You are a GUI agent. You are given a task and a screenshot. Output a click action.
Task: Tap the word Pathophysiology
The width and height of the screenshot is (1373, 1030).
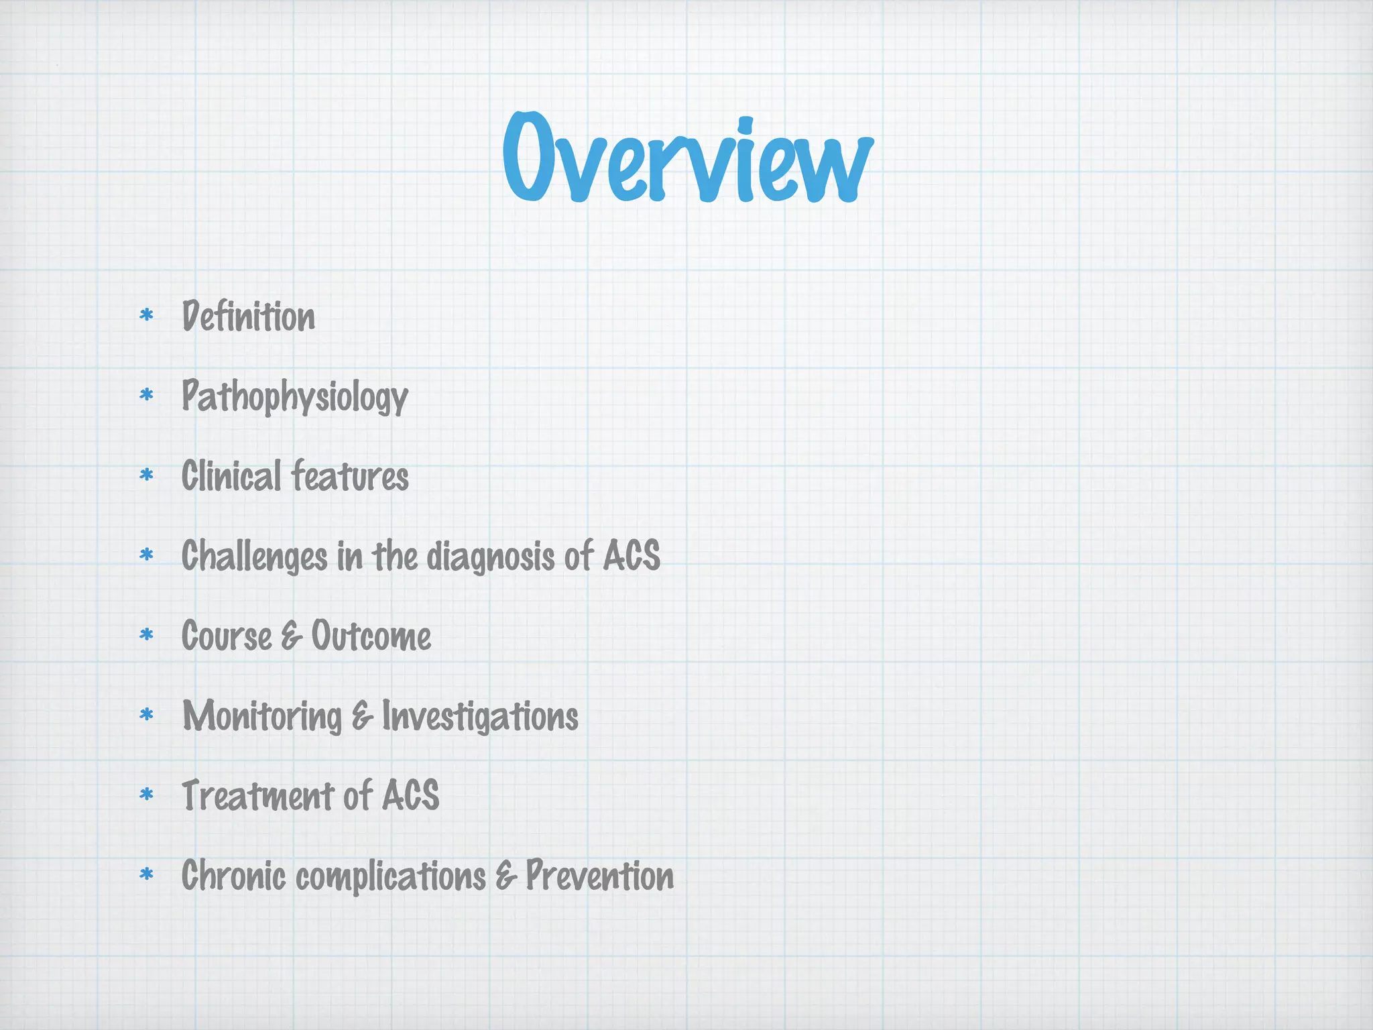(295, 396)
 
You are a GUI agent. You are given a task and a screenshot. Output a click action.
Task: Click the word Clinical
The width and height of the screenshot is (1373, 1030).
(231, 476)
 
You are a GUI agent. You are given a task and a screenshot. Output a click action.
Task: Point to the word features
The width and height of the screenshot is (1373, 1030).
(350, 476)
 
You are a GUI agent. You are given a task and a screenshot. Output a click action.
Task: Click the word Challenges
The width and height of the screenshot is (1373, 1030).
(255, 557)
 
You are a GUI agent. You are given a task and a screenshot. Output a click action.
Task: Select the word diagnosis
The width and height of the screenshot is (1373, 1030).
(491, 557)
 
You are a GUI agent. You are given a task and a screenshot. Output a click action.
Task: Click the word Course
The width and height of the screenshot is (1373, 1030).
(227, 636)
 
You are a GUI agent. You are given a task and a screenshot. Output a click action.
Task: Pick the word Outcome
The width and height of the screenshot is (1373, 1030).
(371, 636)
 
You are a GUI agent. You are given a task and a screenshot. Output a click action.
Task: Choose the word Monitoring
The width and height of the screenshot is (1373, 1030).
(262, 716)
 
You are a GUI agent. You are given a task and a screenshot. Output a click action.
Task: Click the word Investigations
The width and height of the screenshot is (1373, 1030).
(480, 716)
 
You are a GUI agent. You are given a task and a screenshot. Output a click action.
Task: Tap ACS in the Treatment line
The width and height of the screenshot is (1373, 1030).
(410, 795)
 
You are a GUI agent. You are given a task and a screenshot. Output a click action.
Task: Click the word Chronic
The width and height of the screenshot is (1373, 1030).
(233, 876)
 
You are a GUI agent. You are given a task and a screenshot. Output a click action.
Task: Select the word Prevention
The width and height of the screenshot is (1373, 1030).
(599, 876)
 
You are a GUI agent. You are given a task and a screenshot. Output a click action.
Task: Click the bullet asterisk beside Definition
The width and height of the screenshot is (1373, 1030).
(146, 315)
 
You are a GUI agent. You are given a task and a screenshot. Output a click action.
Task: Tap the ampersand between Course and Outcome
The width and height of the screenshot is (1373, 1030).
(292, 636)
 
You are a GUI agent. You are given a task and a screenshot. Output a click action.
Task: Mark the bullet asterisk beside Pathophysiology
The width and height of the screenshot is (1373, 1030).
(146, 395)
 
